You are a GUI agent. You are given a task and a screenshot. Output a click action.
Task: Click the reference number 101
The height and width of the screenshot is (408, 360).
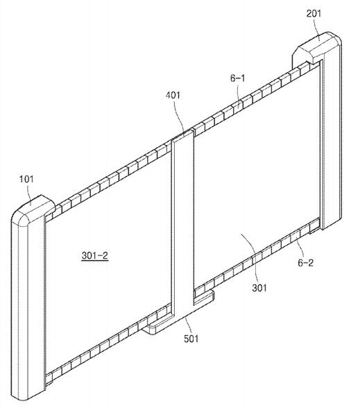[26, 179]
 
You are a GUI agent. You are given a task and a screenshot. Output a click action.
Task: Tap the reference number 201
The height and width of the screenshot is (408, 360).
[314, 14]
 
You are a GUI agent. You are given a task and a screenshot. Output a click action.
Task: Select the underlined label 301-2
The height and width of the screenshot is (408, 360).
[94, 255]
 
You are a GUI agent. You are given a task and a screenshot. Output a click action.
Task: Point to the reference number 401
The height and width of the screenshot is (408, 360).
[173, 95]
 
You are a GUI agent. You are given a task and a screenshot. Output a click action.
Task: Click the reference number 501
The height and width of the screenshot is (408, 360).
[191, 339]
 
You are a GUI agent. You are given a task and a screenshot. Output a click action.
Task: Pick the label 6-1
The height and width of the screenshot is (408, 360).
[237, 78]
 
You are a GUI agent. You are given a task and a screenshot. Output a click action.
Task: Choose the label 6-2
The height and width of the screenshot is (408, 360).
[306, 263]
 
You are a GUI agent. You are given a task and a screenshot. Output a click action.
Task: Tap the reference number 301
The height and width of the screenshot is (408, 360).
[259, 288]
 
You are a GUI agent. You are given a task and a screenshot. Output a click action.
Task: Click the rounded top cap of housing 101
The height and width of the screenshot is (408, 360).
[33, 208]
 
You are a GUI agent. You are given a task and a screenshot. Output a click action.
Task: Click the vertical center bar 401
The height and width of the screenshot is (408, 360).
[182, 221]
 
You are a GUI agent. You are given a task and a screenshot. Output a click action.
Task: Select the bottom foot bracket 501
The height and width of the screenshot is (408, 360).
[180, 312]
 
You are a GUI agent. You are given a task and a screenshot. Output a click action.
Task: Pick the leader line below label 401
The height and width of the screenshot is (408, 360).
[180, 117]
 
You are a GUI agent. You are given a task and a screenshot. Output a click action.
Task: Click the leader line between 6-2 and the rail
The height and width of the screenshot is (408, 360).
[300, 249]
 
